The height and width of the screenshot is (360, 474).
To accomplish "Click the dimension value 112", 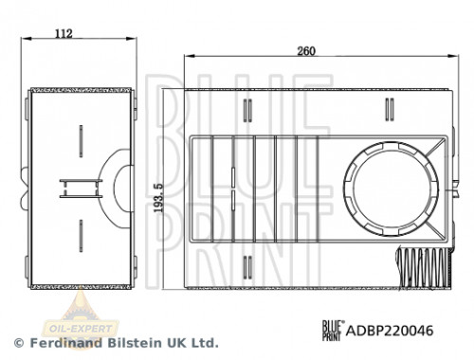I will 64,35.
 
